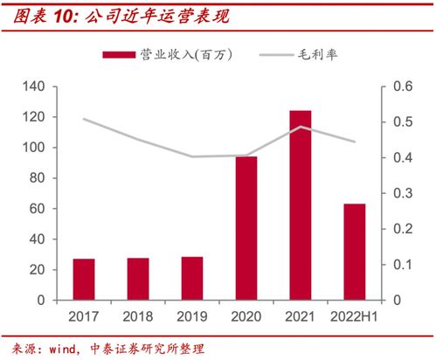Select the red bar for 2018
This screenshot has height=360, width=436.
[138, 279]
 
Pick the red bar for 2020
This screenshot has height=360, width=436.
[246, 228]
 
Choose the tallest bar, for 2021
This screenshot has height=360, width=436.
[301, 205]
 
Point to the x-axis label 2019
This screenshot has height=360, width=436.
[192, 317]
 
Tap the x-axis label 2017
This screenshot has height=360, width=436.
[84, 317]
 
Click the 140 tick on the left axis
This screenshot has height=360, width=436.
[33, 87]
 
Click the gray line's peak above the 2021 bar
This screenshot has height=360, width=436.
[301, 127]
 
